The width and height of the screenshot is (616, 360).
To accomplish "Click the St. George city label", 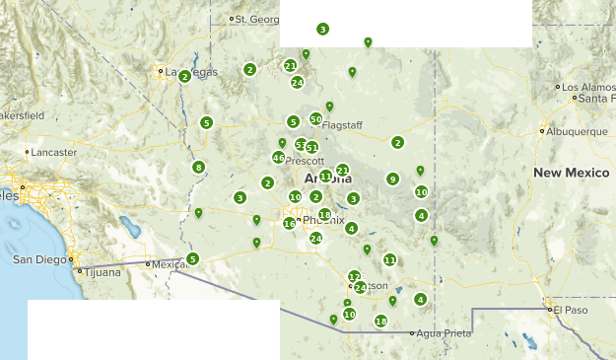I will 257,19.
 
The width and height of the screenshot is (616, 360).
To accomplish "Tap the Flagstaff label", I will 344,125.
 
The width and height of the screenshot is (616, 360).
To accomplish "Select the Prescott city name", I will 304,161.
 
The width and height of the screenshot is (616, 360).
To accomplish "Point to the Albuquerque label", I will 578,131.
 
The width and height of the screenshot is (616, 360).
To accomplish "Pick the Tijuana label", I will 102,271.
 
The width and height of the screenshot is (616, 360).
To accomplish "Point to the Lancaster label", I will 54,153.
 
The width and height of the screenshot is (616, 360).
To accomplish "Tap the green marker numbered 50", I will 315,119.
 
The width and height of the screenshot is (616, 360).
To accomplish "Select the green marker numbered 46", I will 279,158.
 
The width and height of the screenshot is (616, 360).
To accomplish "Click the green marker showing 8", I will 199,168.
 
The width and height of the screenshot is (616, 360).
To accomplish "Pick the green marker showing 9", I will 392,180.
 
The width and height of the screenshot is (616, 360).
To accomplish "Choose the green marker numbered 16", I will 289,224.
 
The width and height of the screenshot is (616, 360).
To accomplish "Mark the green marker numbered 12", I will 354,276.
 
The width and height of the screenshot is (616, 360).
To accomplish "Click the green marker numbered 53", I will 301,145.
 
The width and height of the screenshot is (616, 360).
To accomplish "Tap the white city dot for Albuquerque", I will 542,131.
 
